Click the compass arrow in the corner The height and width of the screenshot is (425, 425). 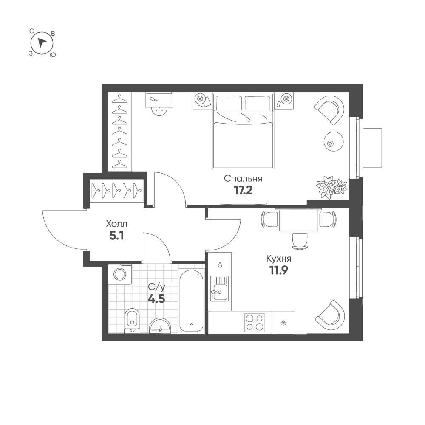point(41,43)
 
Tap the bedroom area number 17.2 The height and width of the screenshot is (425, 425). point(243,191)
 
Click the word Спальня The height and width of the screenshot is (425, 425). point(243,179)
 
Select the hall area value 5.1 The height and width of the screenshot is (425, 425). point(117,236)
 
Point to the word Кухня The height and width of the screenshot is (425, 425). point(279,259)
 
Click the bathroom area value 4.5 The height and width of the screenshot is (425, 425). point(156,299)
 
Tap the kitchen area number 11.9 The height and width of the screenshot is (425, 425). point(278,270)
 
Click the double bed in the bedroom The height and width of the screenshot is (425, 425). point(243,131)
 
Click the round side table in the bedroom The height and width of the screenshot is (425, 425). point(334,142)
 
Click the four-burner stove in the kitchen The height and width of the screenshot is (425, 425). point(254,323)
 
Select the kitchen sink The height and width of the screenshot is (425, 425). point(220,289)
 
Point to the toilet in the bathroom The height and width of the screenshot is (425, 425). point(132,321)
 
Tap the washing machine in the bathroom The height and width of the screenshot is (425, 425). point(120,274)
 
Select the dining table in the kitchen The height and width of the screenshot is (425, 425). point(298,220)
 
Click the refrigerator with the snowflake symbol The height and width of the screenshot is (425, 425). point(283,323)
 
